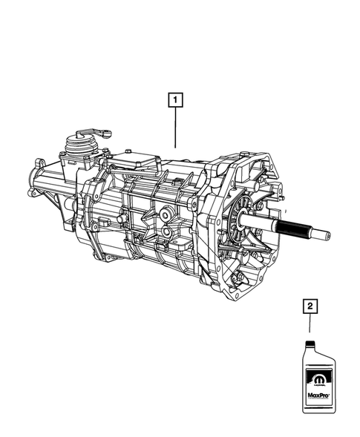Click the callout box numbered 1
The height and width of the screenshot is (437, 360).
coord(175,98)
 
